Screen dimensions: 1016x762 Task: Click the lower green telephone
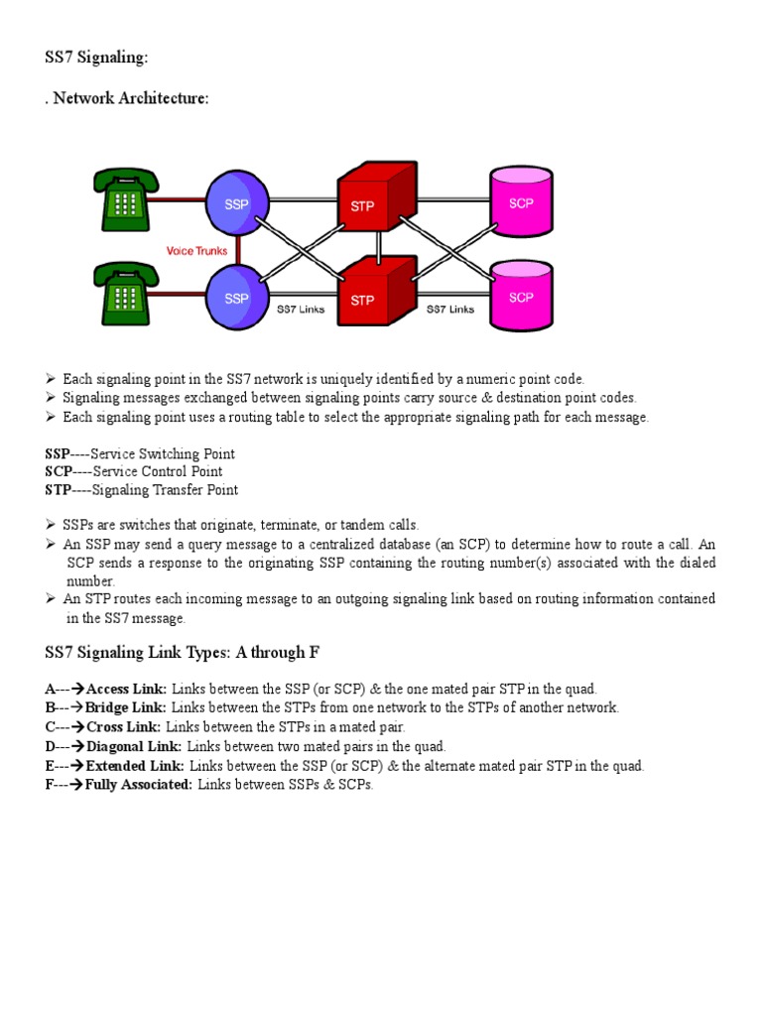125,295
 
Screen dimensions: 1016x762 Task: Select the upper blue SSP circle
237,203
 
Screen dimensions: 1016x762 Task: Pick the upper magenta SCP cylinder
521,202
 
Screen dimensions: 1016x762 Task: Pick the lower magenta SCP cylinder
521,296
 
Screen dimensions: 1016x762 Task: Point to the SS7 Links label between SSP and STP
301,309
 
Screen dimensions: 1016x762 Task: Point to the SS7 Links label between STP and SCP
451,309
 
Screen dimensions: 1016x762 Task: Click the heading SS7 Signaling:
96,59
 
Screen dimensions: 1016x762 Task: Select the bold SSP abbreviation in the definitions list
58,454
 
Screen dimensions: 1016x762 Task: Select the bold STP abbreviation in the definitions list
58,490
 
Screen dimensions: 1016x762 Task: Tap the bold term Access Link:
127,689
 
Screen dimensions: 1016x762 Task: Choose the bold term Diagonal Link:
134,746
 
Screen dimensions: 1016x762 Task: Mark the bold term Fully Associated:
139,785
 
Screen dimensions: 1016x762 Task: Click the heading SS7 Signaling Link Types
182,653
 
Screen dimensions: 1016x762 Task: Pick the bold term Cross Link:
124,727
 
